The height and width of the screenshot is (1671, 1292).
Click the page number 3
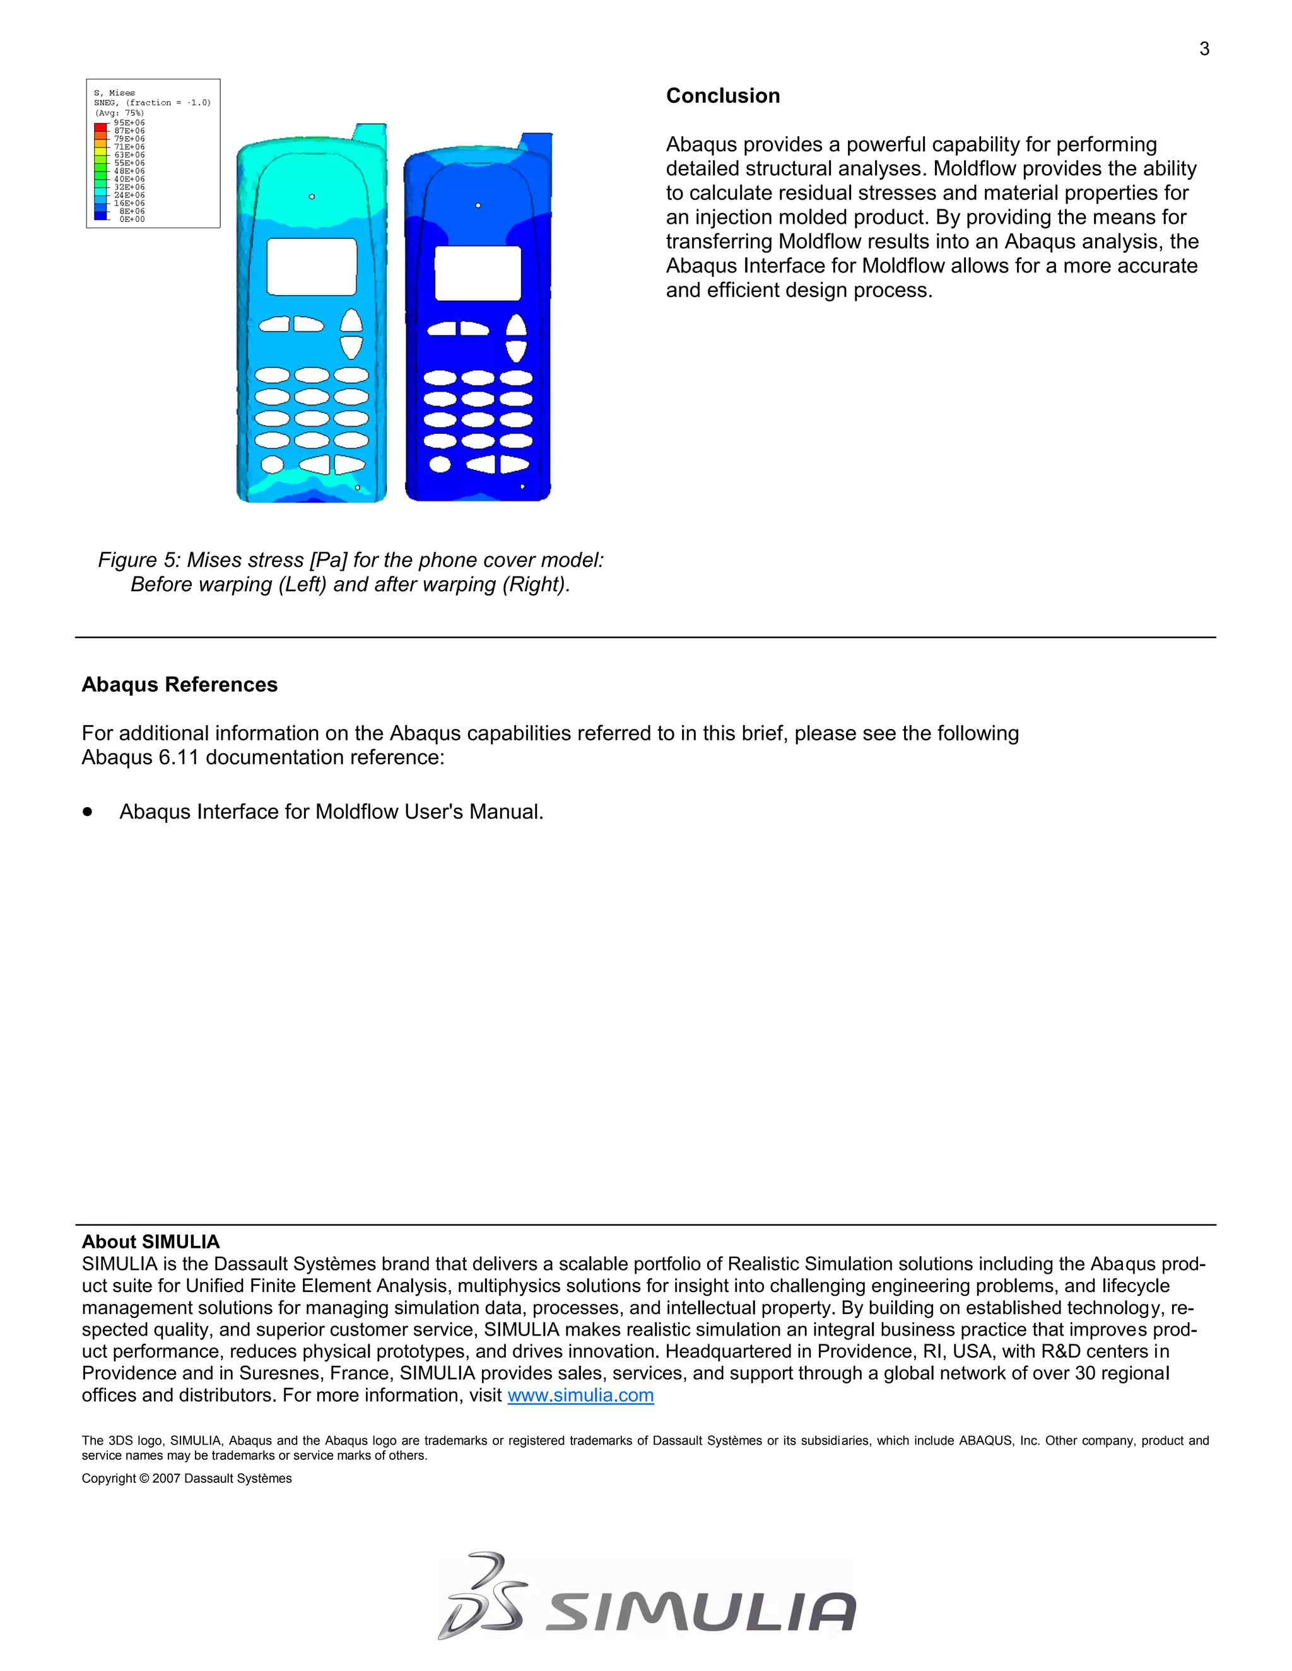click(1204, 50)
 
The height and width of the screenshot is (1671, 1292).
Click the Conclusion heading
click(722, 96)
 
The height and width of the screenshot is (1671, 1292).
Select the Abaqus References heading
click(179, 684)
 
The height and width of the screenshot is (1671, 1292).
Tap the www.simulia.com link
click(580, 1395)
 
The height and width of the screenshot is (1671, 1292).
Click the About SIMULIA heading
click(150, 1241)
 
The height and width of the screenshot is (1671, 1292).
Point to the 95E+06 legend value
click(129, 122)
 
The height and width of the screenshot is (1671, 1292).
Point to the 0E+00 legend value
click(132, 219)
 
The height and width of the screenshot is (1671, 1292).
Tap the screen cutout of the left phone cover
click(312, 266)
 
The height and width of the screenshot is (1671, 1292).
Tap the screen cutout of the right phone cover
click(478, 273)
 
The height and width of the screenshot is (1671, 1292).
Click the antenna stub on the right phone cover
click(537, 143)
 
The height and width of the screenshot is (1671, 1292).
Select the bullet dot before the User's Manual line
click(88, 811)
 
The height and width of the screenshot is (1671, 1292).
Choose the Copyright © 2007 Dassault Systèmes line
click(187, 1478)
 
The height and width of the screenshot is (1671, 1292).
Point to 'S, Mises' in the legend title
click(114, 93)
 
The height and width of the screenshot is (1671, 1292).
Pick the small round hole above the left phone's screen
click(312, 197)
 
